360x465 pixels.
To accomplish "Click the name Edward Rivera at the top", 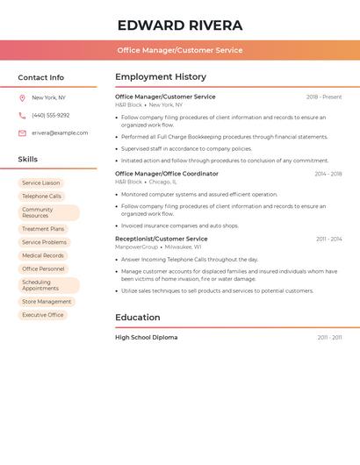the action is click(180, 25).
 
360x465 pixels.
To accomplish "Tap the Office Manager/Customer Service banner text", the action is click(180, 50).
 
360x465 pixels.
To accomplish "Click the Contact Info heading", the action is click(41, 77).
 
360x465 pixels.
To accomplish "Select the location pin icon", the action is click(22, 98).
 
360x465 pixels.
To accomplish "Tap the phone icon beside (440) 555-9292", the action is click(22, 116).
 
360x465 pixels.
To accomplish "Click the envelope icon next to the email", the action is click(22, 133).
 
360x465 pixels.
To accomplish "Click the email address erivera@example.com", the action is click(60, 133).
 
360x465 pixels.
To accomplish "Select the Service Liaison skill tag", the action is click(41, 183).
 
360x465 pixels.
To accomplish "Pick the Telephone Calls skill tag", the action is click(41, 197).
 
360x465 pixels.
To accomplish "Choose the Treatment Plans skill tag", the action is click(43, 229).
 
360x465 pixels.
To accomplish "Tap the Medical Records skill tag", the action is click(43, 255).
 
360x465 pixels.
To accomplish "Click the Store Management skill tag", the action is click(47, 302).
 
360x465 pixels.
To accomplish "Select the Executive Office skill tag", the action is click(43, 315).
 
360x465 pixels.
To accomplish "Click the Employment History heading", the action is click(161, 77).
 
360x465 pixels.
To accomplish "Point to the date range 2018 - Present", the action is click(324, 97).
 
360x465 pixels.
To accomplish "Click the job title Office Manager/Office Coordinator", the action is click(167, 174).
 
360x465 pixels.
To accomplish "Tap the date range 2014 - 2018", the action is click(328, 174).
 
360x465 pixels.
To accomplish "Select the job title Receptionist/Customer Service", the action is click(162, 239).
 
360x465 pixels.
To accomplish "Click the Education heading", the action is click(138, 318).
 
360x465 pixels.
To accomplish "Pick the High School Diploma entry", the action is click(146, 338).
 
